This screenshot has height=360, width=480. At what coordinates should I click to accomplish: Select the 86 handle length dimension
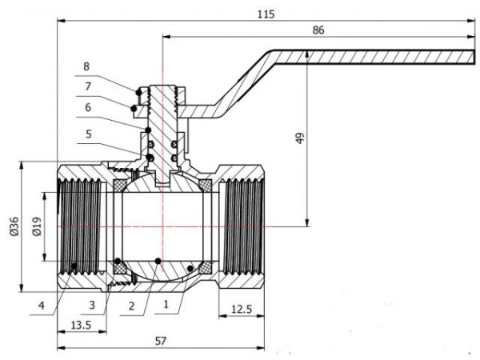click(x=318, y=30)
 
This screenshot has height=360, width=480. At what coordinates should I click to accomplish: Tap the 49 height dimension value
click(x=299, y=138)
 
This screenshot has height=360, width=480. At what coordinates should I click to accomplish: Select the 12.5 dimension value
click(x=242, y=309)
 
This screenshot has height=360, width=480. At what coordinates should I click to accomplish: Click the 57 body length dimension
click(x=160, y=340)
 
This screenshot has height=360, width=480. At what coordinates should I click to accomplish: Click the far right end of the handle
click(x=472, y=56)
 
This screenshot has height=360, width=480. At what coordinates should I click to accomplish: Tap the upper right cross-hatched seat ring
click(x=205, y=186)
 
